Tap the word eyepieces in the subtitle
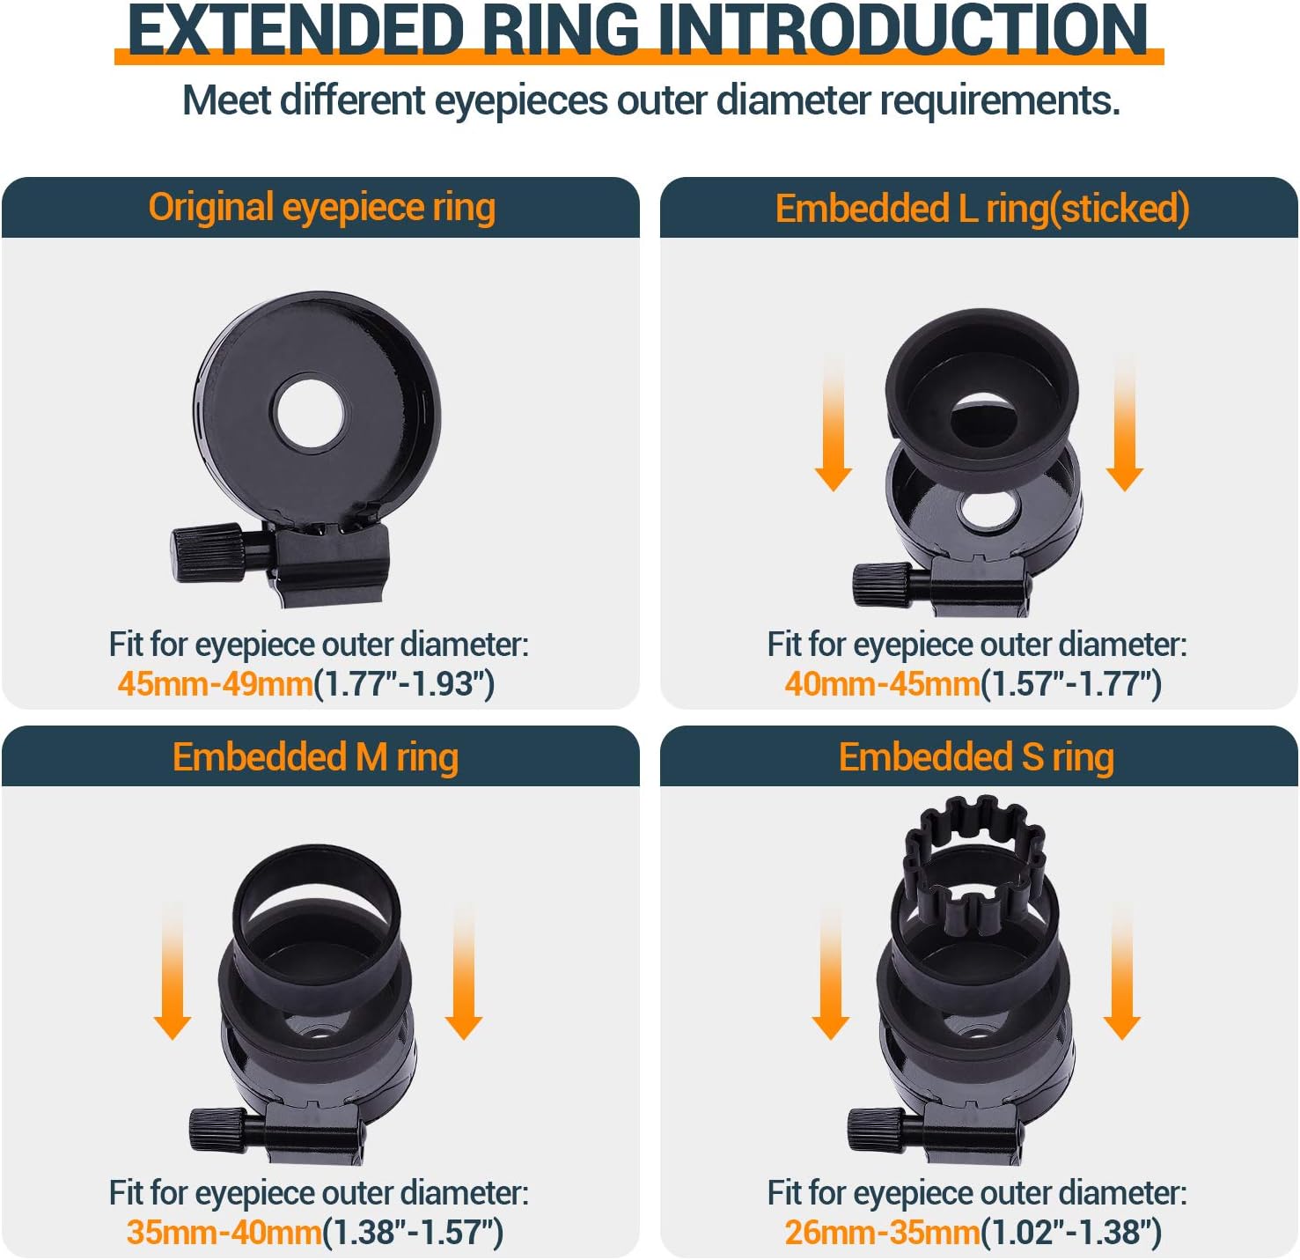(521, 101)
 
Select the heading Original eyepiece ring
(321, 207)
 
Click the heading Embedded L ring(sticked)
(981, 209)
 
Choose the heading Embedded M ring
(315, 757)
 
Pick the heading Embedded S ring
(976, 757)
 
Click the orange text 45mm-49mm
(215, 684)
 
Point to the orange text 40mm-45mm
(882, 684)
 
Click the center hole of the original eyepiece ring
(309, 413)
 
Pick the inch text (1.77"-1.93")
(404, 684)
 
